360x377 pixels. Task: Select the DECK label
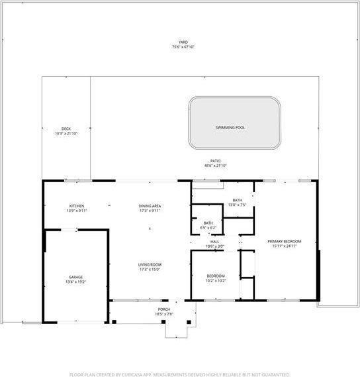click(66, 129)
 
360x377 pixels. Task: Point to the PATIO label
click(215, 161)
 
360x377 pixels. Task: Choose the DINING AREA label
click(150, 206)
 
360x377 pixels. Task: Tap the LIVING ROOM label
click(150, 264)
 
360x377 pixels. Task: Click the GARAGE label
click(75, 276)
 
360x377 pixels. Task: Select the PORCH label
click(164, 309)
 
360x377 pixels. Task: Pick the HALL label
click(214, 242)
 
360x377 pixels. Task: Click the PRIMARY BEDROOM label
click(284, 241)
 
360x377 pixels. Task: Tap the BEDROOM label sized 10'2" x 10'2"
click(215, 276)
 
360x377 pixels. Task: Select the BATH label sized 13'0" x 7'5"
click(237, 200)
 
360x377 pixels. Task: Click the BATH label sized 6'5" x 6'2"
click(208, 223)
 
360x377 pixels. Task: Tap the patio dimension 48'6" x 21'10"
click(215, 166)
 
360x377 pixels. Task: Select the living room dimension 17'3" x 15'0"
click(150, 269)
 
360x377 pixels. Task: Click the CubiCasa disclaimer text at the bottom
click(180, 374)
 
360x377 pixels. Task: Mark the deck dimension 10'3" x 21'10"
click(66, 133)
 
